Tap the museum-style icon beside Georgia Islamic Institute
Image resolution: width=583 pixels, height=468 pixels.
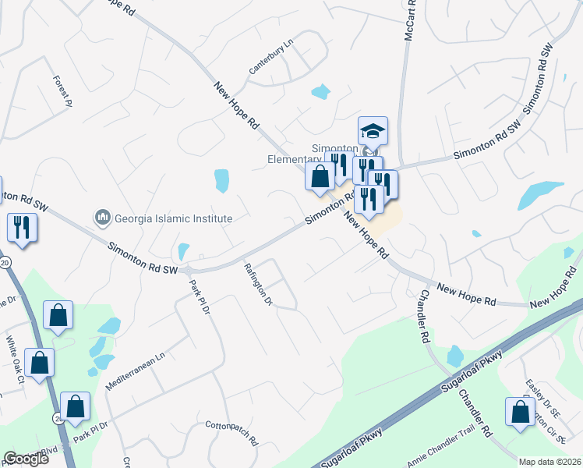(101, 216)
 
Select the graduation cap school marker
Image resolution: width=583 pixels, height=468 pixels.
(373, 131)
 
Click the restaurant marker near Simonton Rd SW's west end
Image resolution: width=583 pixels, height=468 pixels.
(21, 229)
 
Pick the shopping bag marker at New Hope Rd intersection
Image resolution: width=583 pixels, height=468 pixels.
(320, 176)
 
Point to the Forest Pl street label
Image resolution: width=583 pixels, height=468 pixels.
(62, 90)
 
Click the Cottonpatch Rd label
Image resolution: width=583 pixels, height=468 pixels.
(231, 434)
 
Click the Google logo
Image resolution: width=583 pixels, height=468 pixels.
(26, 459)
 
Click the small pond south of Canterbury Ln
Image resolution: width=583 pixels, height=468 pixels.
(320, 91)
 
